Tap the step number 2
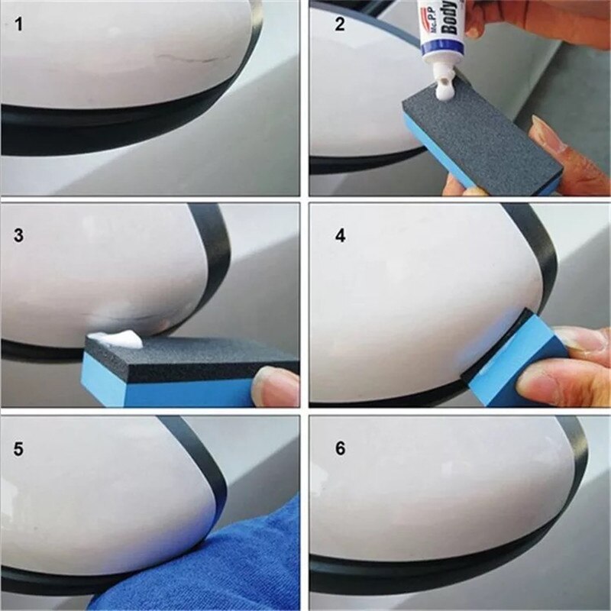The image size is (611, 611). point(340,24)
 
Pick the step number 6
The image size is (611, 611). point(340,448)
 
